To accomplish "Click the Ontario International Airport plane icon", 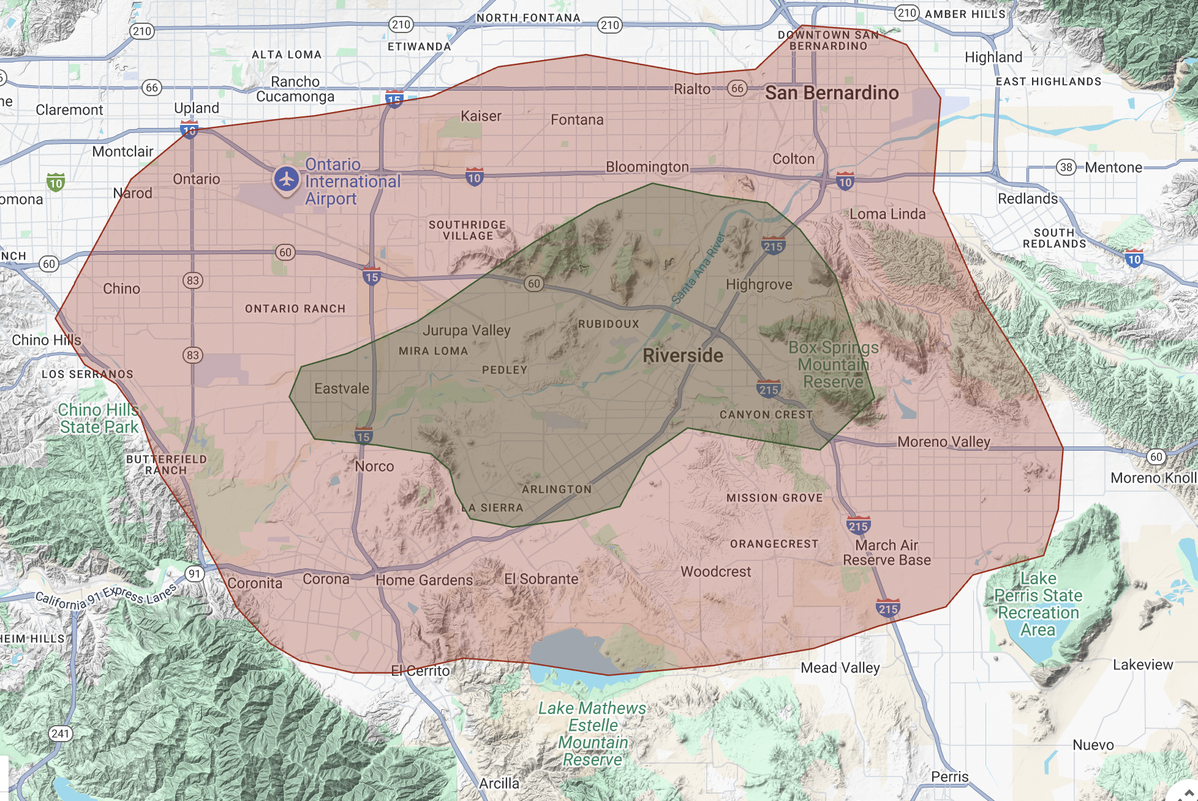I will click(x=286, y=179).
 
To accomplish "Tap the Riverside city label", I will click(x=682, y=356).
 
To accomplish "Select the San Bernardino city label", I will click(x=831, y=93).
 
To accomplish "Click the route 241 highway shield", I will click(x=61, y=734).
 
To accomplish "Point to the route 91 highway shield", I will click(x=194, y=574).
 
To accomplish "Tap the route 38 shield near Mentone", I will click(x=1066, y=167).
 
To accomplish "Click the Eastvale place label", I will click(x=342, y=389).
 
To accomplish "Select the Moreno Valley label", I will click(x=943, y=442).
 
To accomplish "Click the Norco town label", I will click(x=374, y=467).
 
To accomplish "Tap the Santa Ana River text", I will click(x=698, y=268).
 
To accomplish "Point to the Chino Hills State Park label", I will click(x=99, y=419).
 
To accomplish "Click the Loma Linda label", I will click(x=887, y=214).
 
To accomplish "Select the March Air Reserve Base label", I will click(x=886, y=552).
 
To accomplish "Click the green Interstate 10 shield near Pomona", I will click(x=56, y=182).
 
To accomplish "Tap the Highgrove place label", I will click(x=759, y=285).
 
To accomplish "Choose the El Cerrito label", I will click(x=420, y=671).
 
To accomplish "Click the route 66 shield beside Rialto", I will click(x=737, y=88).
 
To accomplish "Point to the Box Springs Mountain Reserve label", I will click(x=833, y=364).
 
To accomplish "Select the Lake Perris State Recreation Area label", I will click(x=1038, y=604).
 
